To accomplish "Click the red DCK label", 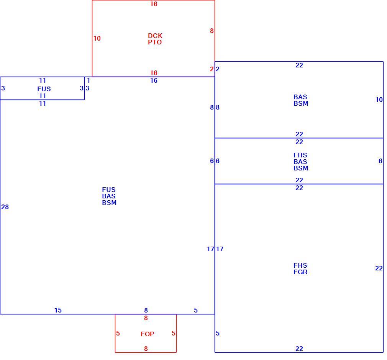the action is (155, 36).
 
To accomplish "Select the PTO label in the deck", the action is (155, 42).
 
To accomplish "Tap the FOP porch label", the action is (148, 334).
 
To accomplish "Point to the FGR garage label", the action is (300, 272).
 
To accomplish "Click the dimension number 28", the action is (5, 207).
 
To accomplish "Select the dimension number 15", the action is (58, 310).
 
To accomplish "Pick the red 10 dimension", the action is (97, 38).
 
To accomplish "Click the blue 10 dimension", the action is (379, 100).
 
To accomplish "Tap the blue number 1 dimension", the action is (89, 80).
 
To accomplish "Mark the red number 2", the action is (212, 69).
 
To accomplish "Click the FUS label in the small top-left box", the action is (44, 89).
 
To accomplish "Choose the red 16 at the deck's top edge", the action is (154, 4).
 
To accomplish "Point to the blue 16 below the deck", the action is (154, 80).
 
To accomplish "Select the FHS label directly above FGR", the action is (300, 265).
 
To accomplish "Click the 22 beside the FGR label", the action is (379, 268).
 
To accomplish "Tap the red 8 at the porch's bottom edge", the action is (146, 349).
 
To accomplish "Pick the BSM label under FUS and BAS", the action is (109, 203).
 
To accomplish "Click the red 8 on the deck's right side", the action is (212, 31).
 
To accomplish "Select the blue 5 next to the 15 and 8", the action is (196, 310).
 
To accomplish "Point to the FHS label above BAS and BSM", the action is (300, 155).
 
